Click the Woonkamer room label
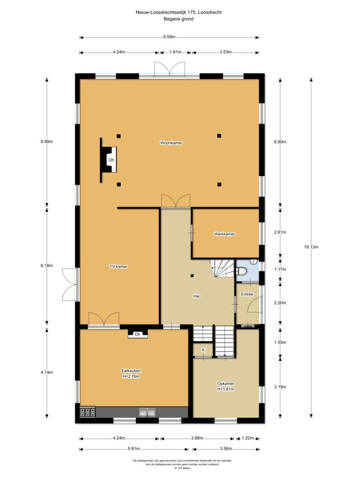coord(171,142)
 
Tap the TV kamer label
coord(119,266)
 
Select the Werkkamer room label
coord(225,234)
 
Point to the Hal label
coord(196,296)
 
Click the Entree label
coord(247,294)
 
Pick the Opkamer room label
coord(225,383)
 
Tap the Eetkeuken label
coord(131,371)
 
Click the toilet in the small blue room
coord(241,271)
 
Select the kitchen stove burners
coord(88,412)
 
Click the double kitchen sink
coord(147,412)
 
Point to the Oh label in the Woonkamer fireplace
coord(112,160)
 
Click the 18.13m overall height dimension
coord(311,247)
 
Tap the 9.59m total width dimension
coord(169,37)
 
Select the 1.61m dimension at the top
coord(176,52)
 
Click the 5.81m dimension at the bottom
coord(134,449)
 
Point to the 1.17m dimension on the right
coord(280,270)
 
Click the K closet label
coord(203,350)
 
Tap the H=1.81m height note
coord(225,390)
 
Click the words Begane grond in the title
coord(179,19)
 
